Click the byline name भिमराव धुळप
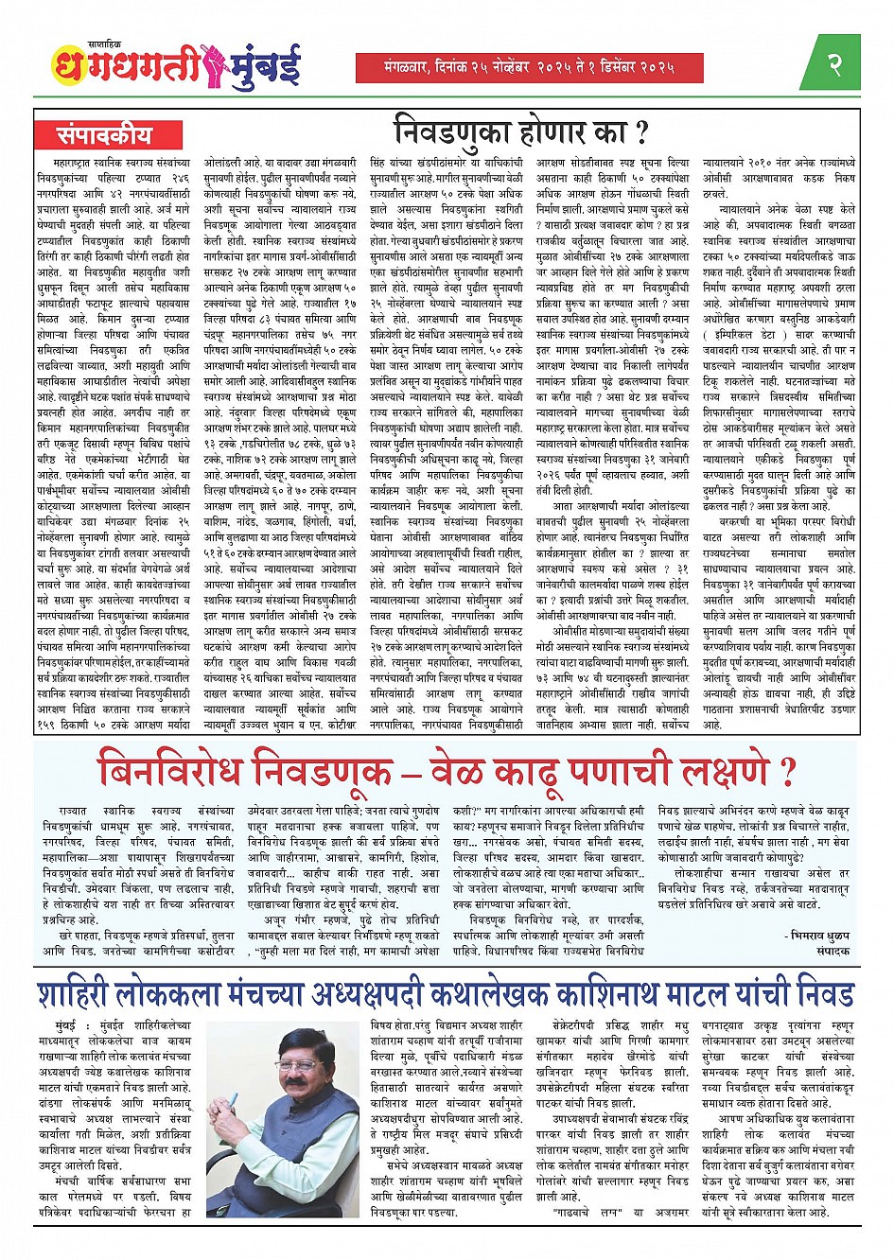pos(818,933)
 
